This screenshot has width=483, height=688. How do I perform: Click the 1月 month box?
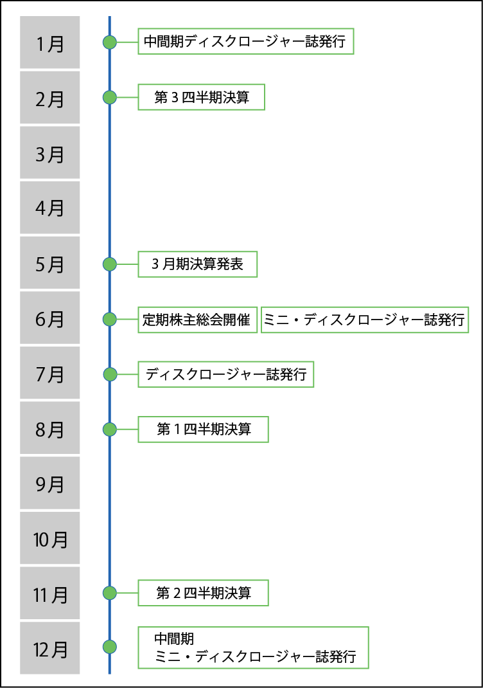point(49,42)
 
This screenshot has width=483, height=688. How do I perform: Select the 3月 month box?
point(49,152)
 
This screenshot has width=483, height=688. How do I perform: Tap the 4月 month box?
point(49,208)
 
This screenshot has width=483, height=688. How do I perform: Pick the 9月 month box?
point(49,483)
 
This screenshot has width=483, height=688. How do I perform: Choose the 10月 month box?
point(49,538)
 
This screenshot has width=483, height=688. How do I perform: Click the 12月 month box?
point(49,648)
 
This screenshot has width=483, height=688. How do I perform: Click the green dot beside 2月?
point(110,98)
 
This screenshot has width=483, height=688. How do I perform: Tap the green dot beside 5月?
point(110,264)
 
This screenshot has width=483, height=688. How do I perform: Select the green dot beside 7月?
point(110,374)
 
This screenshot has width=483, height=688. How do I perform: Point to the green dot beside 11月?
point(110,593)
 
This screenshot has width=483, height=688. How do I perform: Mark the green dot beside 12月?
point(110,647)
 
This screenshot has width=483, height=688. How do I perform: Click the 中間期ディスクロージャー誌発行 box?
point(245,42)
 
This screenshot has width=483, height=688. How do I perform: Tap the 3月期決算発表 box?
point(197,264)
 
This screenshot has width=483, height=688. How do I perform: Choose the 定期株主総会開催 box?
point(197,320)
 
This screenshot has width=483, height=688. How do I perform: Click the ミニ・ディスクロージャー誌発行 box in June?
point(364,320)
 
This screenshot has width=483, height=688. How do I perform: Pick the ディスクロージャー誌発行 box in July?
point(225,374)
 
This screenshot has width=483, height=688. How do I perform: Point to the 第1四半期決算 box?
point(203,429)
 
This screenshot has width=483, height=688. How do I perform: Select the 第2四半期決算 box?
point(203,593)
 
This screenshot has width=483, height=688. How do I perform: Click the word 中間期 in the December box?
point(174,638)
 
